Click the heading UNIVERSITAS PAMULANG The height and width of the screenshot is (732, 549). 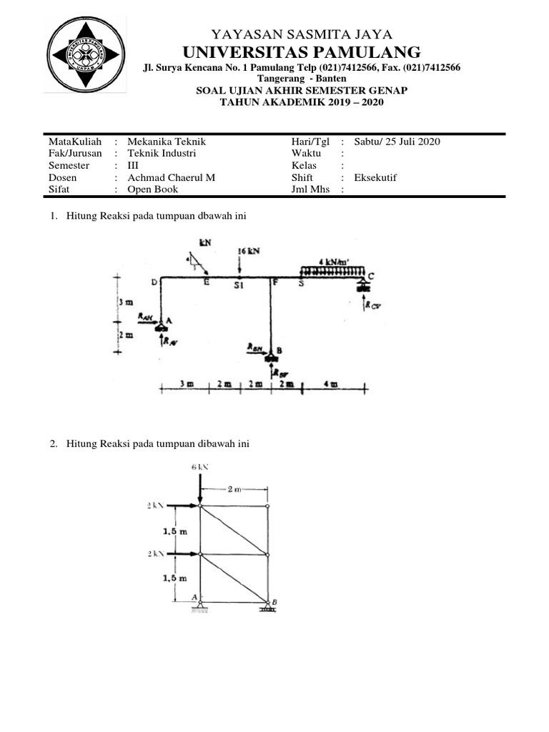[302, 51]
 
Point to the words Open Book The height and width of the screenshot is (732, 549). [152, 189]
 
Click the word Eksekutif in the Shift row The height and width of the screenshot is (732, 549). [377, 178]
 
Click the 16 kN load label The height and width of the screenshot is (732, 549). [248, 252]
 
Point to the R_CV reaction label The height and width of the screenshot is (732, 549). [372, 305]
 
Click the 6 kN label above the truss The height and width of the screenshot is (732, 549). [199, 466]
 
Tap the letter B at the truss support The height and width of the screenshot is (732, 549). [274, 603]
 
